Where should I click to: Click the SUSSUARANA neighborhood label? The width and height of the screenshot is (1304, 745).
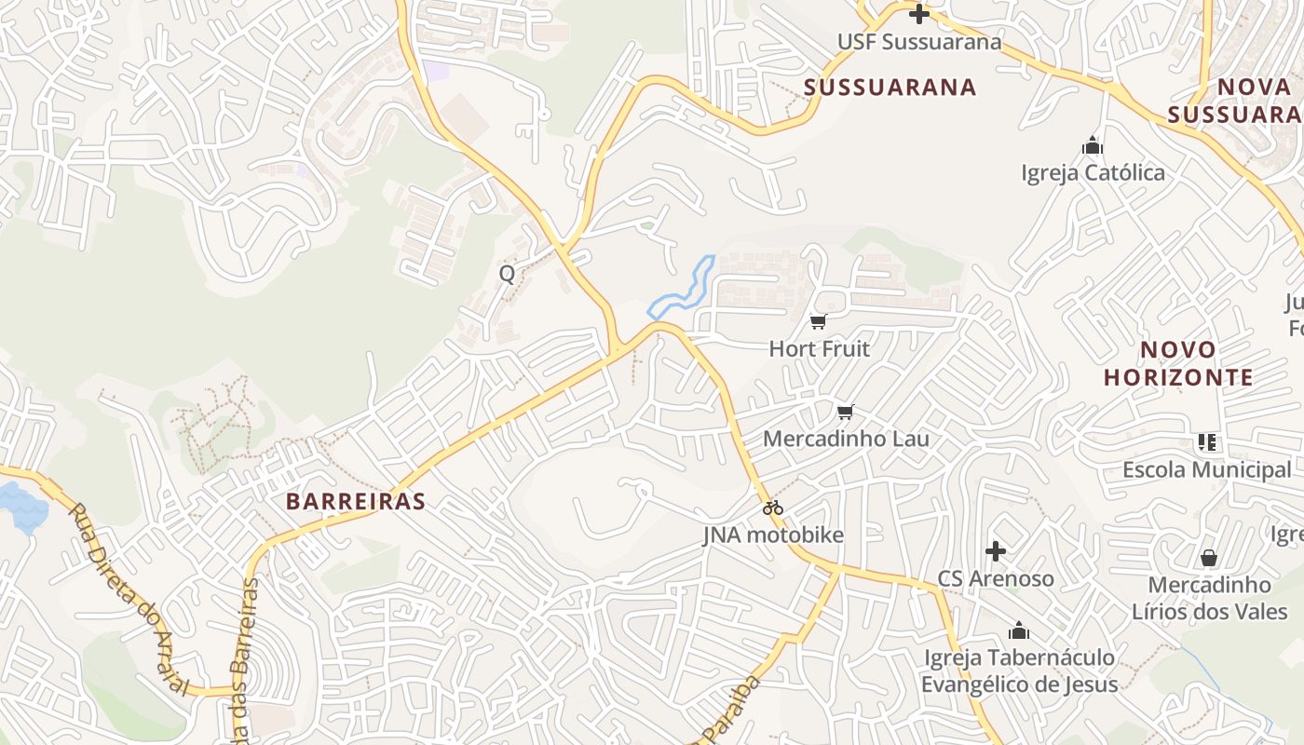point(890,88)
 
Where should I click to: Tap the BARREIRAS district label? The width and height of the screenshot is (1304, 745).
point(355,501)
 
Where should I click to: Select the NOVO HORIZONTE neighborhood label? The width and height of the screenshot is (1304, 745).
point(1178,363)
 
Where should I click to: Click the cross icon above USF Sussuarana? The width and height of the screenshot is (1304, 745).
point(919,14)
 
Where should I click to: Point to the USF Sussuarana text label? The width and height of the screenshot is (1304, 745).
point(919,42)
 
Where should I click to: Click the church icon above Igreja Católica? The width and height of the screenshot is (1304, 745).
point(1093,145)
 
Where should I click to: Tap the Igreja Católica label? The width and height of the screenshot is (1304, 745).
point(1093,173)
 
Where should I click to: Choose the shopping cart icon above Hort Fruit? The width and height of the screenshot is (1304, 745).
point(819,322)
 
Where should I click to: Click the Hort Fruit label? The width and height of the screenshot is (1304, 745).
point(819,349)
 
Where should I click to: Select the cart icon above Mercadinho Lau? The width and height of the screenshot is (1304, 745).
point(846,412)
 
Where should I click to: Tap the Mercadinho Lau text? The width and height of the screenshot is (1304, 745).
point(846,439)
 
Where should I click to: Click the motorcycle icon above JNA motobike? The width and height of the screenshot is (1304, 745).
point(773,508)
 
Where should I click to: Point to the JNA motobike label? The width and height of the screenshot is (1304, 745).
point(773,535)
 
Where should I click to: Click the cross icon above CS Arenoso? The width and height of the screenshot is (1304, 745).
point(996,551)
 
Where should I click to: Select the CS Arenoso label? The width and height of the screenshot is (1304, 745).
point(996,578)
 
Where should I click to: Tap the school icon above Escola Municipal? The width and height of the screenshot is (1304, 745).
point(1207,442)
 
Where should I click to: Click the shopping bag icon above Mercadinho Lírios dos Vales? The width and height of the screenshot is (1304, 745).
point(1209,558)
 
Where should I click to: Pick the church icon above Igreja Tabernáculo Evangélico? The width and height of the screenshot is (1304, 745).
point(1019,630)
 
